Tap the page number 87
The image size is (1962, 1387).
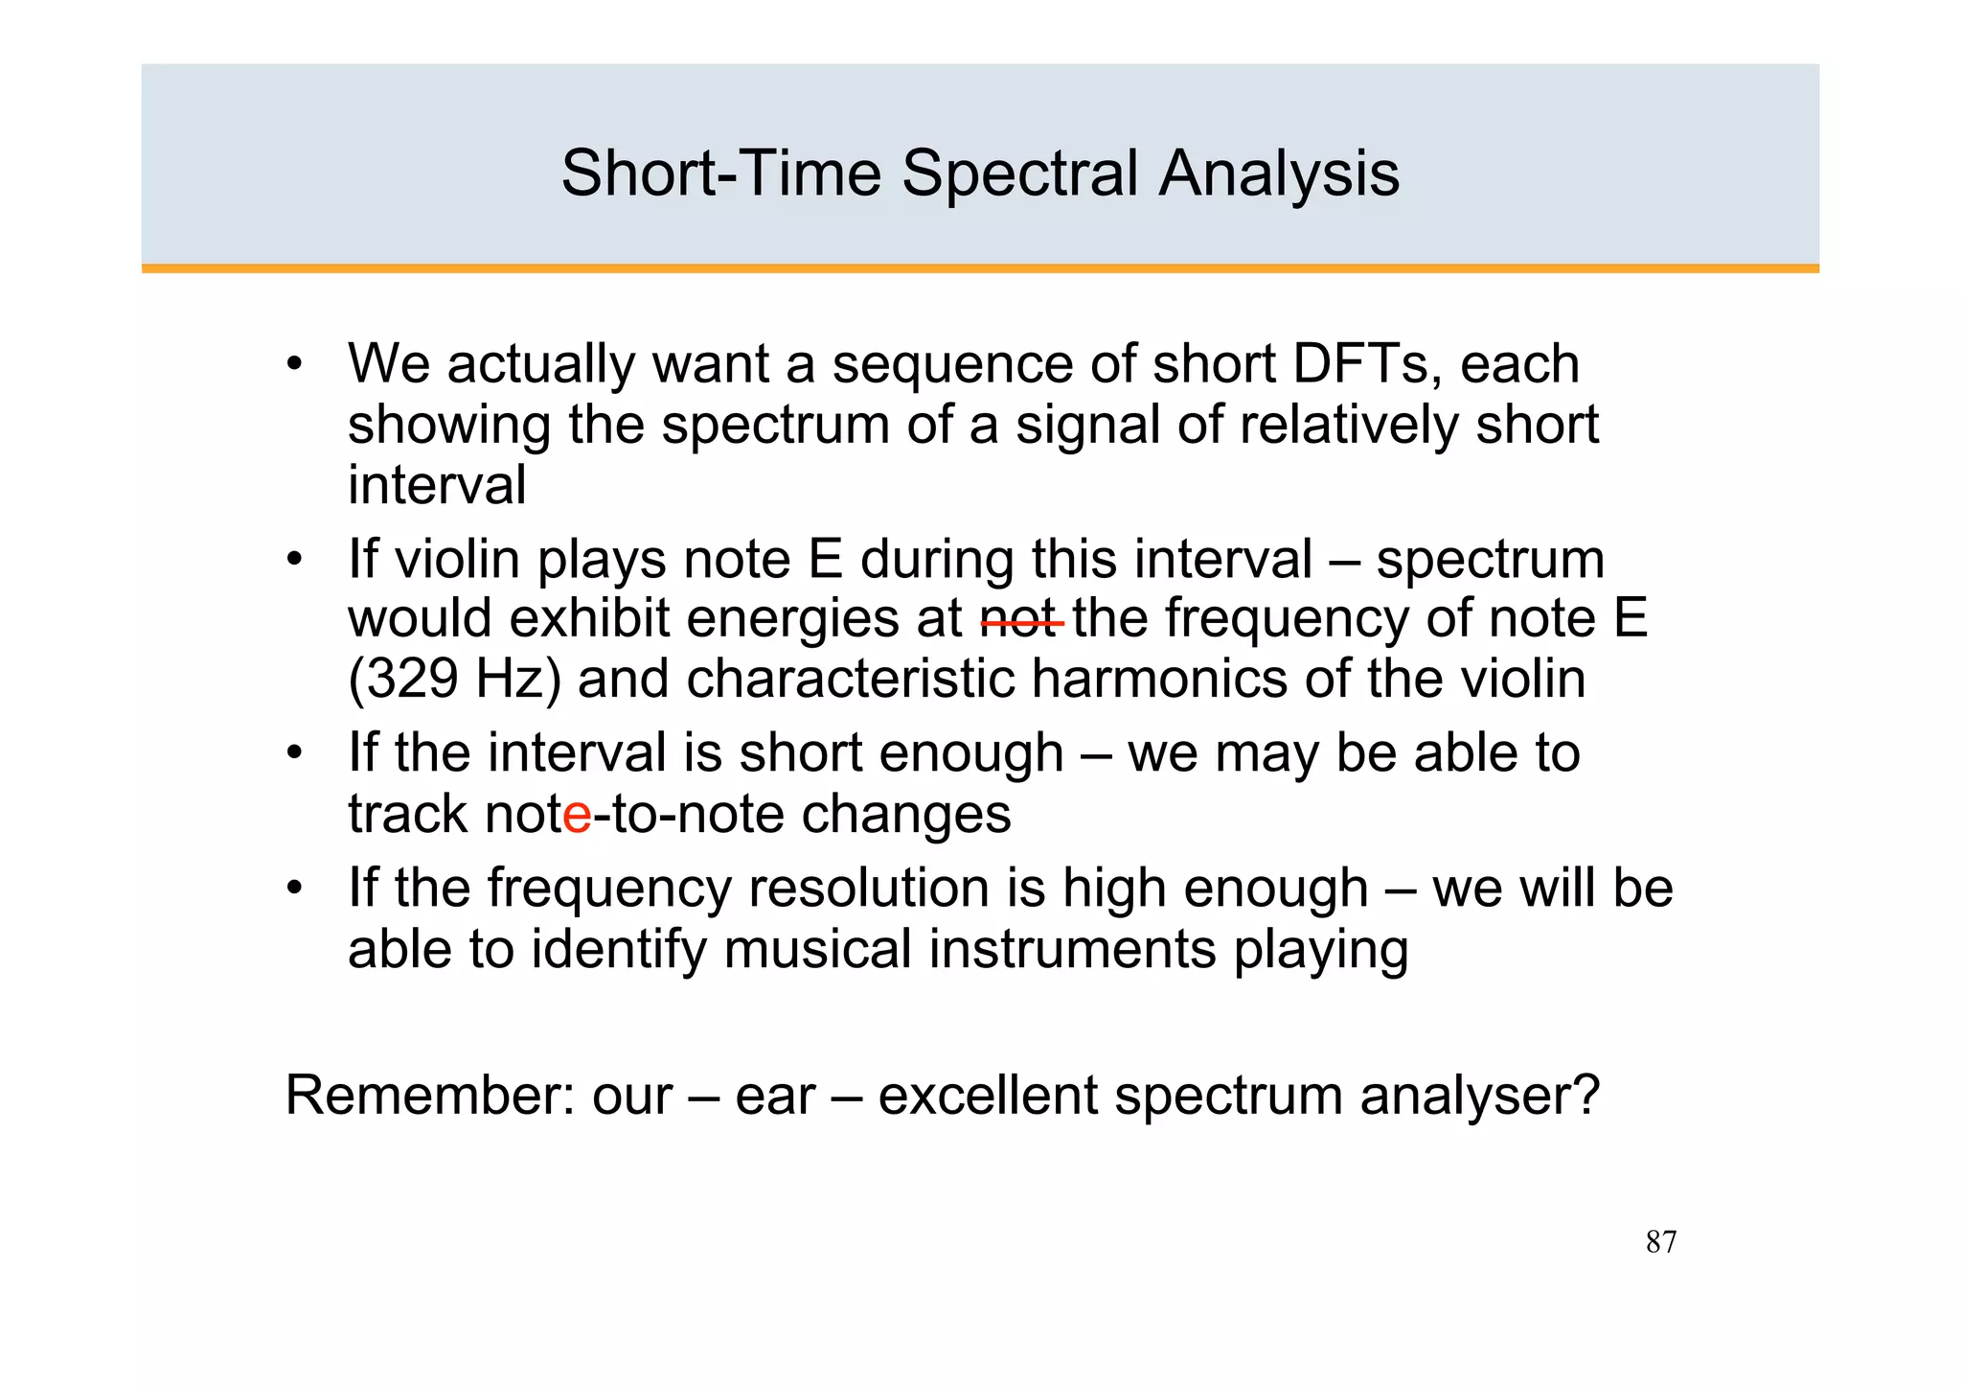point(1660,1242)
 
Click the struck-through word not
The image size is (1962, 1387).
point(1020,620)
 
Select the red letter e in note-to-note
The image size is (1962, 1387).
point(578,816)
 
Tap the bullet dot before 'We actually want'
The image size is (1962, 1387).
point(294,365)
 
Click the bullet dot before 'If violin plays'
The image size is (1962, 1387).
point(294,560)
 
